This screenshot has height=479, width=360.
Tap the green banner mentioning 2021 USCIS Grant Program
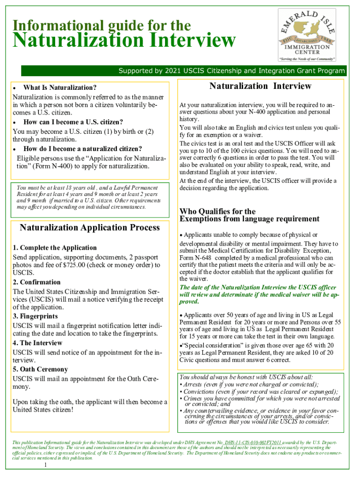click(231, 71)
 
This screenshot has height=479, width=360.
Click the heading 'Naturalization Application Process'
click(90, 228)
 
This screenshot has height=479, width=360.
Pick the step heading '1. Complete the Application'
click(55, 248)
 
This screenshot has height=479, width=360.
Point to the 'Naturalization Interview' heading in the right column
click(260, 86)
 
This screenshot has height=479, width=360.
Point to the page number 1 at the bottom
click(45, 466)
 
